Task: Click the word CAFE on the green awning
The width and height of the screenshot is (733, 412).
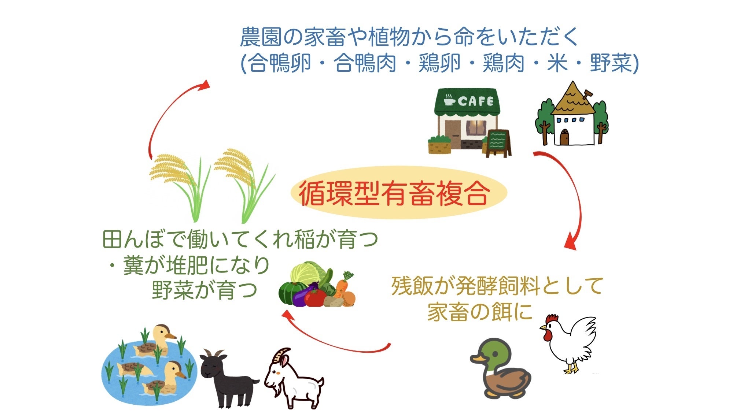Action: tap(475, 101)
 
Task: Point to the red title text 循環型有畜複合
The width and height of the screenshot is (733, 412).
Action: tap(394, 193)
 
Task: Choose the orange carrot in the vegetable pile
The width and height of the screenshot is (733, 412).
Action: tap(342, 287)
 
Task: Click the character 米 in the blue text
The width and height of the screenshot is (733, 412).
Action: tap(557, 63)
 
